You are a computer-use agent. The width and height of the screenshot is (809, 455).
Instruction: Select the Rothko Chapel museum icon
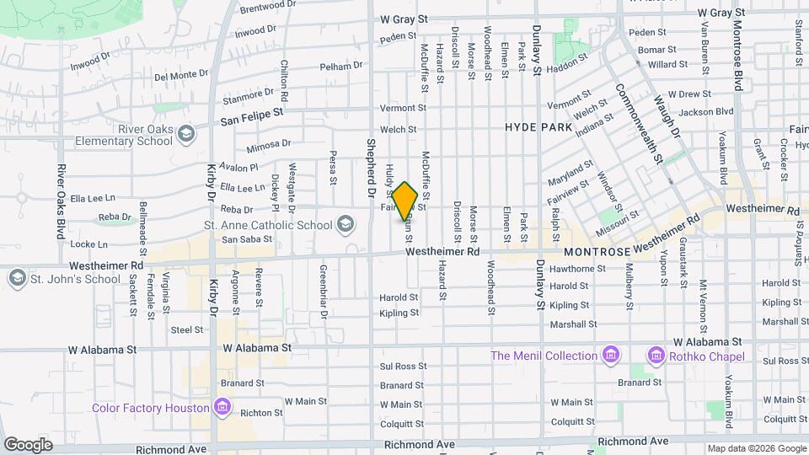pyautogui.click(x=656, y=356)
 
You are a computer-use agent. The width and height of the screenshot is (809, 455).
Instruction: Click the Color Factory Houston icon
pyautogui.click(x=222, y=408)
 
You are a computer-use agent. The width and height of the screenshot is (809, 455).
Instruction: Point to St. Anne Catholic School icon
pyautogui.click(x=345, y=225)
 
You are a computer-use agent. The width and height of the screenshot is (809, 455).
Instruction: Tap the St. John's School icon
pyautogui.click(x=17, y=279)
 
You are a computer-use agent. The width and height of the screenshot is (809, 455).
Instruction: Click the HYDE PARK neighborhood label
pyautogui.click(x=538, y=127)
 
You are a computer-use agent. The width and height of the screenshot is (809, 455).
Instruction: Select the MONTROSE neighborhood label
pyautogui.click(x=597, y=252)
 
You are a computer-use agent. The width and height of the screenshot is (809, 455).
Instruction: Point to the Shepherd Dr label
pyautogui.click(x=369, y=169)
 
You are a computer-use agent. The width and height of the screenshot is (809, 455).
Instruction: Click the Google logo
pyautogui.click(x=28, y=444)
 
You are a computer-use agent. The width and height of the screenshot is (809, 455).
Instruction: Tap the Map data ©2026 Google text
pyautogui.click(x=756, y=448)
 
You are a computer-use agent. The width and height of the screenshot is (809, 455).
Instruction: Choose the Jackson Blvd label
pyautogui.click(x=705, y=111)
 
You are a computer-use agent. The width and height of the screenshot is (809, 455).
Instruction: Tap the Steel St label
pyautogui.click(x=181, y=330)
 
